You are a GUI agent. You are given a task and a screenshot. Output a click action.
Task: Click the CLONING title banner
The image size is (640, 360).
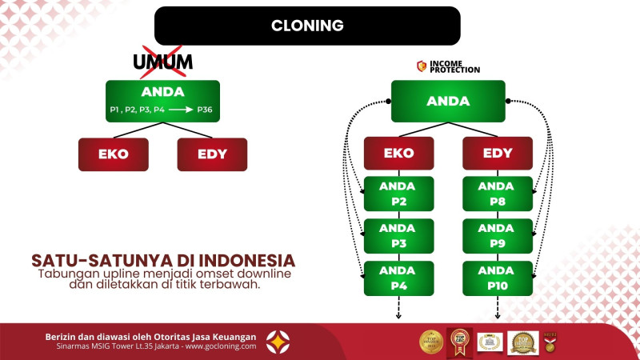click(307, 26)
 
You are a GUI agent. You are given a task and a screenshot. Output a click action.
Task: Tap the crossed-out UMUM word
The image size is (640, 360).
click(162, 62)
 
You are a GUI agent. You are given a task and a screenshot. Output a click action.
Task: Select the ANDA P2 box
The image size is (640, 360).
click(398, 194)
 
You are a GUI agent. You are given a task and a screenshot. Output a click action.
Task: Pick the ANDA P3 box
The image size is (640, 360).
click(398, 236)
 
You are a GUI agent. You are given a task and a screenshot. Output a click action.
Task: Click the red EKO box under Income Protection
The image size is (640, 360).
click(398, 153)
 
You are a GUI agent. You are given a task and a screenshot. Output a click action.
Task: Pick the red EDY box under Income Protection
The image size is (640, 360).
click(498, 153)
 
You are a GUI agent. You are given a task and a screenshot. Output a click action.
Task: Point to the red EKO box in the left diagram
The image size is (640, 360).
click(114, 154)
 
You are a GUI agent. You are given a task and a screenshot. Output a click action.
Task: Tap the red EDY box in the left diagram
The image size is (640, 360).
click(212, 154)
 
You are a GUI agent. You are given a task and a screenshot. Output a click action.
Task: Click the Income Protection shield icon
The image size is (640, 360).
click(422, 66)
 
